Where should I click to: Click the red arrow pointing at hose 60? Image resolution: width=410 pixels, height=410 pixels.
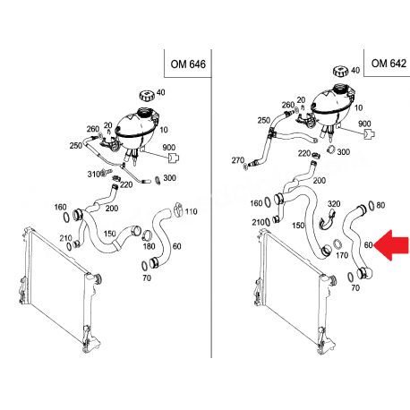391,245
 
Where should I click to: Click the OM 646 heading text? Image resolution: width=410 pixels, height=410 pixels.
188,64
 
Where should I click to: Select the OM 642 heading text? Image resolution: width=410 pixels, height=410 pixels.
389,64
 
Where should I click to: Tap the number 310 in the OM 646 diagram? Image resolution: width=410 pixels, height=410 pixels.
93,174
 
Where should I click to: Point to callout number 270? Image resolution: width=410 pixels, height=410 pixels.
238,160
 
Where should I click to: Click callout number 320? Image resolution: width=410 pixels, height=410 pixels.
334,204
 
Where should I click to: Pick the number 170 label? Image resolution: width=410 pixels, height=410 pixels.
342,255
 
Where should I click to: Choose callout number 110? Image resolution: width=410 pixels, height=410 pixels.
191,211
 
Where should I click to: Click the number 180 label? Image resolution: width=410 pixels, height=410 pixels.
149,246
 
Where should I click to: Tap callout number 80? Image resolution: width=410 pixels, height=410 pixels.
380,205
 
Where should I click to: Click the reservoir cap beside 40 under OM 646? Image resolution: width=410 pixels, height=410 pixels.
147,96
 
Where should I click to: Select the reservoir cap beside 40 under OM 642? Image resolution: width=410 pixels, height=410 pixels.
340,72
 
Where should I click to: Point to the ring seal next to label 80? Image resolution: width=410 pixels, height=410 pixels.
372,205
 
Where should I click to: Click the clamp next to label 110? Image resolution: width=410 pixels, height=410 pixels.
178,209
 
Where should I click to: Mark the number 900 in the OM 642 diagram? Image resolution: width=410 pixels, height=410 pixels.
364,124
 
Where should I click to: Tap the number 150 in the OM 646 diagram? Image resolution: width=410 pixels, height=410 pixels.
109,233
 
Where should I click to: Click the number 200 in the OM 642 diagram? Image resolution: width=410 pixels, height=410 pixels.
320,180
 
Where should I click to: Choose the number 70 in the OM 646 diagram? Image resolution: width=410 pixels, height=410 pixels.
147,278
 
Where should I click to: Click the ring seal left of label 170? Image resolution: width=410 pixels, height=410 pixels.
337,243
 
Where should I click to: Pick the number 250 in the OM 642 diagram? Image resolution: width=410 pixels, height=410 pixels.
264,121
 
